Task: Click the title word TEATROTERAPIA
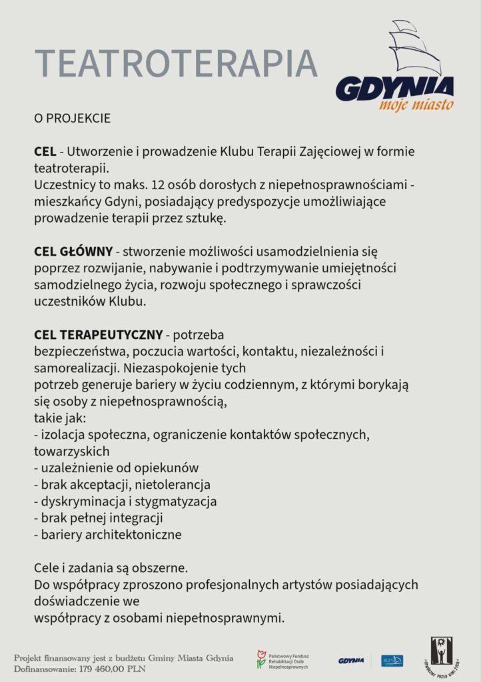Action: coord(176,63)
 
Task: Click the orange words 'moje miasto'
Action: coord(416,105)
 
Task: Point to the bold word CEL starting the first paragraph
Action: coord(45,152)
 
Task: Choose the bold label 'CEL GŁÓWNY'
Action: coord(73,252)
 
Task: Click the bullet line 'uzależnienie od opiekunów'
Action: coord(119,467)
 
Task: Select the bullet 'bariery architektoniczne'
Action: coord(111,534)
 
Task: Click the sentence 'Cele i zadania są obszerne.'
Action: coord(111,568)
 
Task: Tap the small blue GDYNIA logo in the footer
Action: coord(351,661)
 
